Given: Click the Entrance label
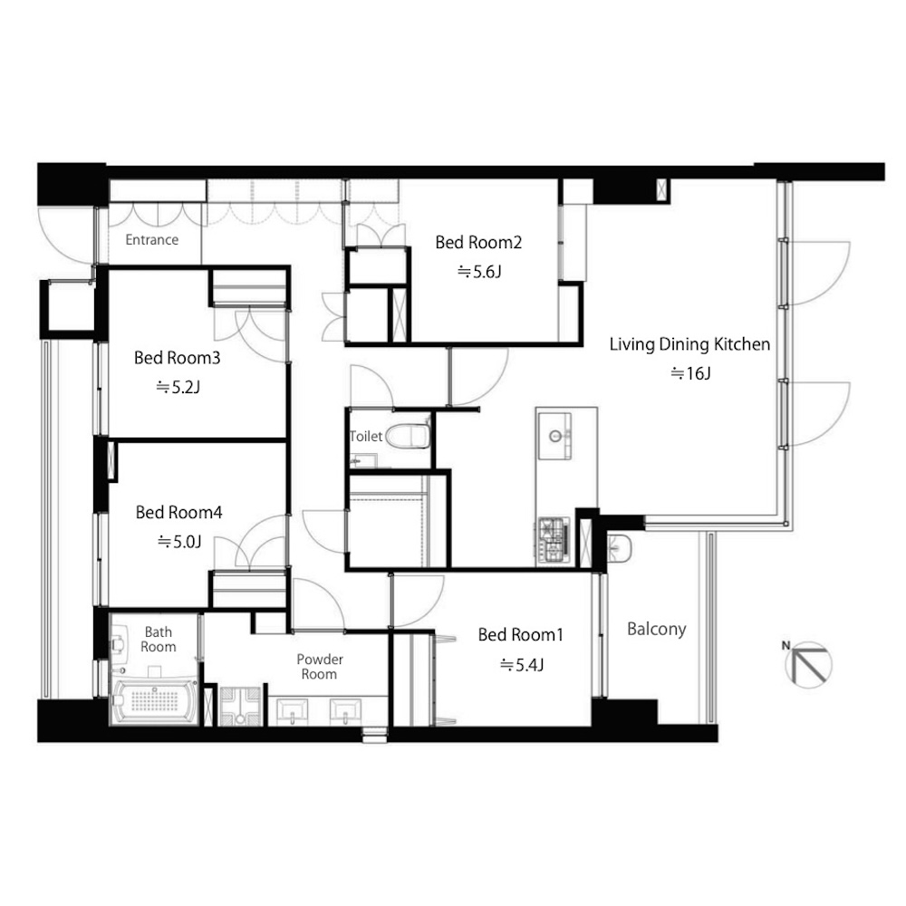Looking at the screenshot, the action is pos(152,240).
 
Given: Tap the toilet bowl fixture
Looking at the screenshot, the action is pos(408,437).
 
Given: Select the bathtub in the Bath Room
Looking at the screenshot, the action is pos(154,701).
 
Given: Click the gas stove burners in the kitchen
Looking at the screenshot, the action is pos(553,540).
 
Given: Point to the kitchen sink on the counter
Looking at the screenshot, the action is pos(554,436).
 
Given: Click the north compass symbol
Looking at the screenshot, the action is pos(807,663).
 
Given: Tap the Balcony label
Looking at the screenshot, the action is pos(656,629).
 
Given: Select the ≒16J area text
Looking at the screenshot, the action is pos(690,374).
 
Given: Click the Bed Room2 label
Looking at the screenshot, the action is pos(478,242).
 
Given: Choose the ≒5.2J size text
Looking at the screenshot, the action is pos(178,387).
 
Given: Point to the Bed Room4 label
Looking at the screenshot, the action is pos(178,512).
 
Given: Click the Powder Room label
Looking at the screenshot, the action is pos(320,667).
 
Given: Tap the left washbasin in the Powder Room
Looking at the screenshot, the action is pos(293,711).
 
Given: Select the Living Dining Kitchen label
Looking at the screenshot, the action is pos(689,344).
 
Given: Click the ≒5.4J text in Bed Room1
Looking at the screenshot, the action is pos(522,665).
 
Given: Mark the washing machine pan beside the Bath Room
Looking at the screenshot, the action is pos(241,705).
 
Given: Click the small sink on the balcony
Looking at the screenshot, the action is pos(620,548).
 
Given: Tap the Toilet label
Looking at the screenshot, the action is pos(366,437).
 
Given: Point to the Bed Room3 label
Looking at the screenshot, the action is pos(177,358).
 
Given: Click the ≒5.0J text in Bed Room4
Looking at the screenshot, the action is pos(179,542).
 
